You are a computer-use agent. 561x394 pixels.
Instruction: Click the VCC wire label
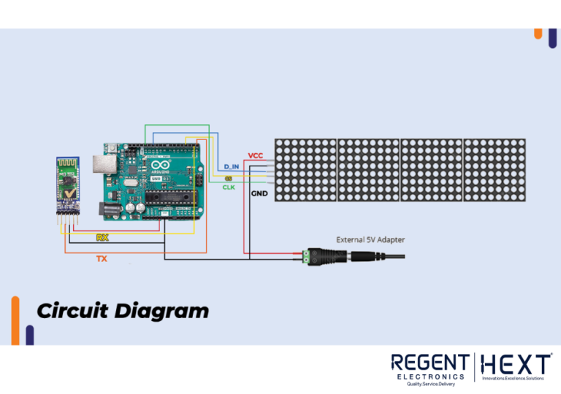(256, 155)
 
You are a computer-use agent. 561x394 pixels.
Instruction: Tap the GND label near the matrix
(259, 194)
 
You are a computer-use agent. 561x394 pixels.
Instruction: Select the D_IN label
(232, 167)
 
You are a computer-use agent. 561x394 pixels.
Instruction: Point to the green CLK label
(229, 188)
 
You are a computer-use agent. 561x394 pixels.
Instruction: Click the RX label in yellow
(102, 238)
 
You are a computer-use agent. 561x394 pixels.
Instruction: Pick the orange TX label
(102, 258)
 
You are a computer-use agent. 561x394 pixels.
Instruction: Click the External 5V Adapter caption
(370, 239)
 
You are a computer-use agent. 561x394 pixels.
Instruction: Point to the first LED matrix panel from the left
(305, 170)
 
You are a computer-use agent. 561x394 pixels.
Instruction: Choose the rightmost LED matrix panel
(495, 170)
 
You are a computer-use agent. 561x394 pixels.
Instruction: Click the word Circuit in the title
(72, 311)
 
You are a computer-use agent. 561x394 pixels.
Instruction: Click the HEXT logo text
(516, 364)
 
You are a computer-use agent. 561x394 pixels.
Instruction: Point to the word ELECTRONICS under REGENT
(430, 376)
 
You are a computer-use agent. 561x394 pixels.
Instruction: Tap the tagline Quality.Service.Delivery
(430, 384)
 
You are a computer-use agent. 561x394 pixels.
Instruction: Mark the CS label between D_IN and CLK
(229, 178)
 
